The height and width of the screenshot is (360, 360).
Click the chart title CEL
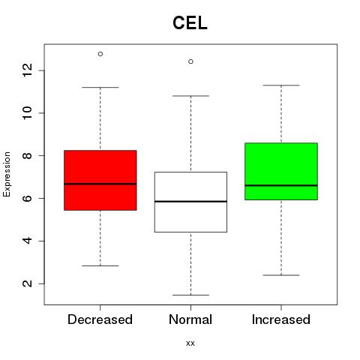[x=190, y=22]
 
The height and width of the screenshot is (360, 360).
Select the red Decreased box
[x=100, y=180]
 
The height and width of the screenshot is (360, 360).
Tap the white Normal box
[x=190, y=202]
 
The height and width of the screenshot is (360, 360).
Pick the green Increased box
[x=281, y=171]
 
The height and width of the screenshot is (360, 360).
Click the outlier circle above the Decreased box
[x=100, y=54]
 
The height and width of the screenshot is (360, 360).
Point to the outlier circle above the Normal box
[x=190, y=61]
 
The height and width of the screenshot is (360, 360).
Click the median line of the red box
[x=100, y=184]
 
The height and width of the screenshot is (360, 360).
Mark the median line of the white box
[x=190, y=201]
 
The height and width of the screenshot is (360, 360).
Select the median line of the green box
[x=281, y=185]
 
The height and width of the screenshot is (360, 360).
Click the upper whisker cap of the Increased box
[x=281, y=85]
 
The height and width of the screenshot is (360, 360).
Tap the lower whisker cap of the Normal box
[x=190, y=295]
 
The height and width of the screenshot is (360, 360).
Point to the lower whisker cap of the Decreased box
[x=100, y=265]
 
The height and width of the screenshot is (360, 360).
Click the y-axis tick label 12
[x=28, y=70]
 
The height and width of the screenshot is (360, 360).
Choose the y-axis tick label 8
[x=28, y=155]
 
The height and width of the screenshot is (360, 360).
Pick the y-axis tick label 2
[x=28, y=283]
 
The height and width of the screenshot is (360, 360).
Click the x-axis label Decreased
[x=100, y=319]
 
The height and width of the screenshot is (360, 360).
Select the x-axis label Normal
[x=190, y=319]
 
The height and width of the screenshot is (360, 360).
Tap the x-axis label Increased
[x=281, y=319]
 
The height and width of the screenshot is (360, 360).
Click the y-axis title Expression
[x=7, y=174]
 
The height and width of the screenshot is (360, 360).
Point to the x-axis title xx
[x=190, y=343]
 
